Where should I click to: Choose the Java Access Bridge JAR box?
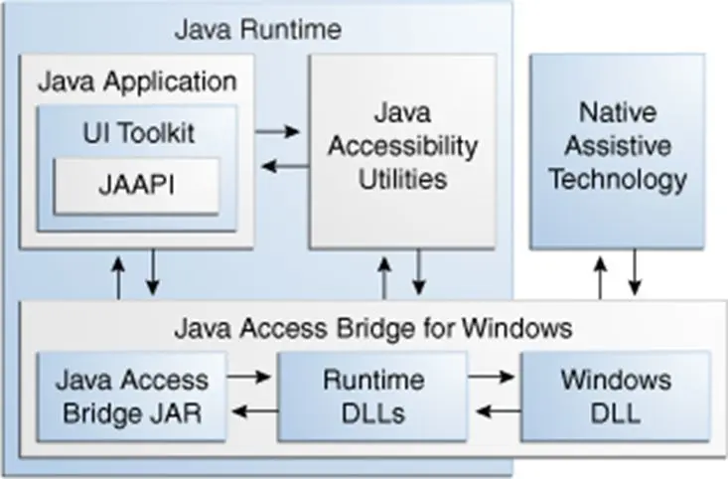[132, 396]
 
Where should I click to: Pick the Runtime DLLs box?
[372, 396]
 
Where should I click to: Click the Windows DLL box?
[615, 396]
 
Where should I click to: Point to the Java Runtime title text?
[257, 28]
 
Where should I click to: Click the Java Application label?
[137, 80]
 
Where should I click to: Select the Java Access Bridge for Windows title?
[372, 326]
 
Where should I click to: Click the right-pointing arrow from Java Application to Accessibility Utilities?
[278, 130]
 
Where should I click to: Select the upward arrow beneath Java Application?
[118, 275]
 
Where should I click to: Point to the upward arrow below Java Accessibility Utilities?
[383, 275]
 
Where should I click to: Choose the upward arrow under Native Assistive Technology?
[600, 275]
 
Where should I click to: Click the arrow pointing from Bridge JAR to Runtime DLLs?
[249, 378]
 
